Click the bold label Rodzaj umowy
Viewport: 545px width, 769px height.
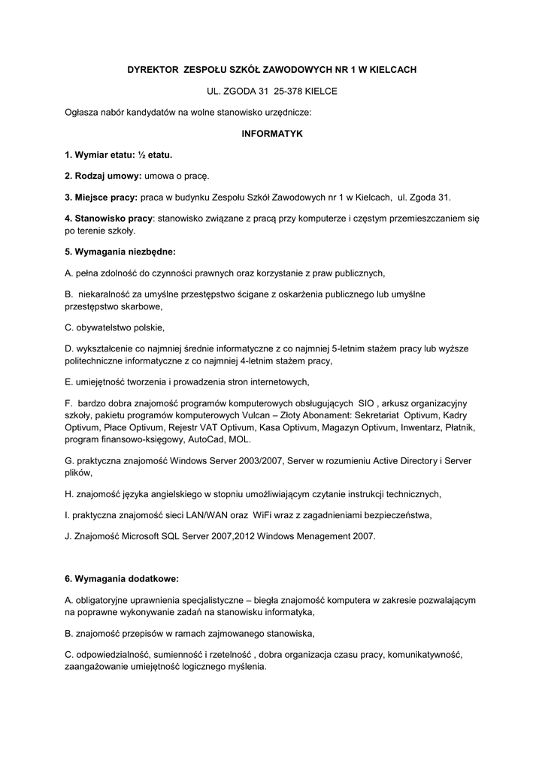tap(104, 176)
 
